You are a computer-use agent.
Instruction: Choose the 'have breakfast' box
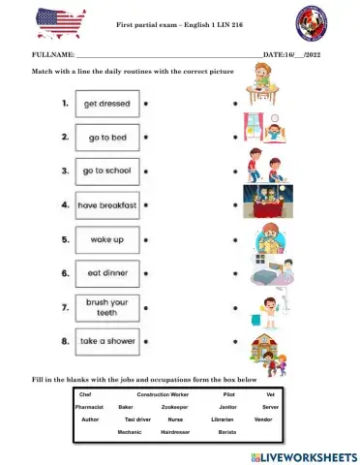coord(106,205)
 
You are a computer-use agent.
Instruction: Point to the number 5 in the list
coord(63,239)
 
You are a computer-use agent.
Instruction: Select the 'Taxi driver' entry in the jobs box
coord(137,419)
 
